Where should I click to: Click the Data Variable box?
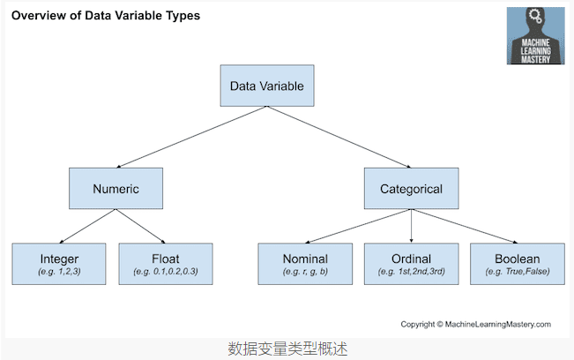point(266,86)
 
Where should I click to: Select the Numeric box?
point(116,189)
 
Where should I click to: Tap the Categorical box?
point(411,189)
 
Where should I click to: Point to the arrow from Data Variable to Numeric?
point(190,138)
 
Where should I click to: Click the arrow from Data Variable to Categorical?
point(339,138)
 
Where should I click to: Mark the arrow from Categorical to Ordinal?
point(412,226)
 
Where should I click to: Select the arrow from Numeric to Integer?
point(88,226)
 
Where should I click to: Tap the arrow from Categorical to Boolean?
point(463,226)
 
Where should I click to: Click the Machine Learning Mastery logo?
point(535,36)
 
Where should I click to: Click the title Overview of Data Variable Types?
point(105,15)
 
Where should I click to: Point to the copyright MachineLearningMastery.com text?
point(475,324)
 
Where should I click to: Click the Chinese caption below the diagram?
point(287,349)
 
